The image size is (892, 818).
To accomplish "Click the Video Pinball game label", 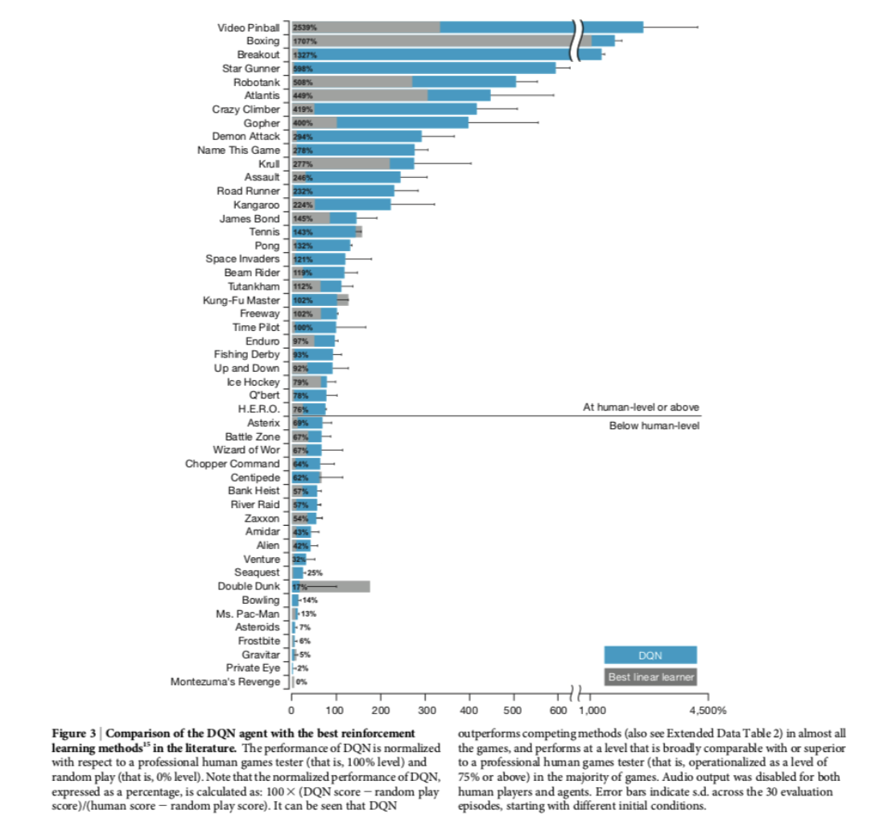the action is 248,28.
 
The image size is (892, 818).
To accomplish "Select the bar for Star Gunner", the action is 423,68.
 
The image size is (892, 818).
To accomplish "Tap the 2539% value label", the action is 305,28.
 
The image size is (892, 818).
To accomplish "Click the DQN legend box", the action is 650,655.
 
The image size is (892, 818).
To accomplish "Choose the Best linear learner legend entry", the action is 650,677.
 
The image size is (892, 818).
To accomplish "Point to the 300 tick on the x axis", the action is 427,710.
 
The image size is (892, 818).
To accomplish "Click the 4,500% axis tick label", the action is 708,710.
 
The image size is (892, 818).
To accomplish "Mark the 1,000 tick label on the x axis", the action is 593,710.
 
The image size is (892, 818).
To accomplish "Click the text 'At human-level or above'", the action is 641,407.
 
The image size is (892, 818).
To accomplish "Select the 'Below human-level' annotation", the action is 655,425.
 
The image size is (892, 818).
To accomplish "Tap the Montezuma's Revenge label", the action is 225,681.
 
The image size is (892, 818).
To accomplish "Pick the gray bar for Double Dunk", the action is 331,586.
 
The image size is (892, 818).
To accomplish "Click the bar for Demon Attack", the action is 357,137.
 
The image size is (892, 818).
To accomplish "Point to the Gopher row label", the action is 262,123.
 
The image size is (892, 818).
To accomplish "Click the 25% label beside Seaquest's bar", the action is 315,572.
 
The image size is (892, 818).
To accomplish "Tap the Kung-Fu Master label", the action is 242,300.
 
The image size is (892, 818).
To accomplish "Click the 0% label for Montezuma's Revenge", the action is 302,682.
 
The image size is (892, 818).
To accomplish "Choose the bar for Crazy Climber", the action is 384,109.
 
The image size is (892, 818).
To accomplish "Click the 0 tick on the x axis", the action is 291,710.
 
